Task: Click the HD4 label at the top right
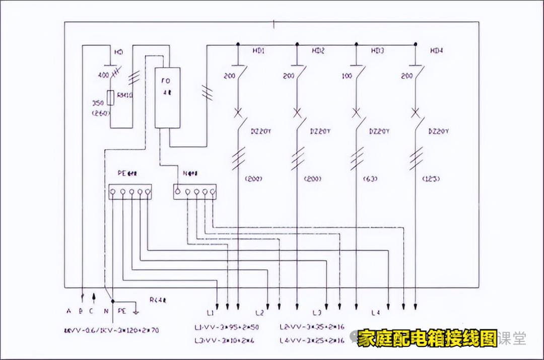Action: point(436,51)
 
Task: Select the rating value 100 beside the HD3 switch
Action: point(347,77)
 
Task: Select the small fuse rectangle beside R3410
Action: point(110,98)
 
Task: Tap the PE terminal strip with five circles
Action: point(130,191)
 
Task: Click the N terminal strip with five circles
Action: point(194,191)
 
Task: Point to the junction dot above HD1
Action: point(238,44)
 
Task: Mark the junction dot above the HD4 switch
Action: point(416,44)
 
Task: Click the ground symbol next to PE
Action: point(135,310)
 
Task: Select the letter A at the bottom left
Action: point(69,311)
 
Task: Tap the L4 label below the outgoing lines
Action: point(375,313)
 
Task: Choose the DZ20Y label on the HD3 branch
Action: point(379,131)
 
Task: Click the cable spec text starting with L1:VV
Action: point(227,327)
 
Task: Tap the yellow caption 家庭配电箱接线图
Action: point(428,339)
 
